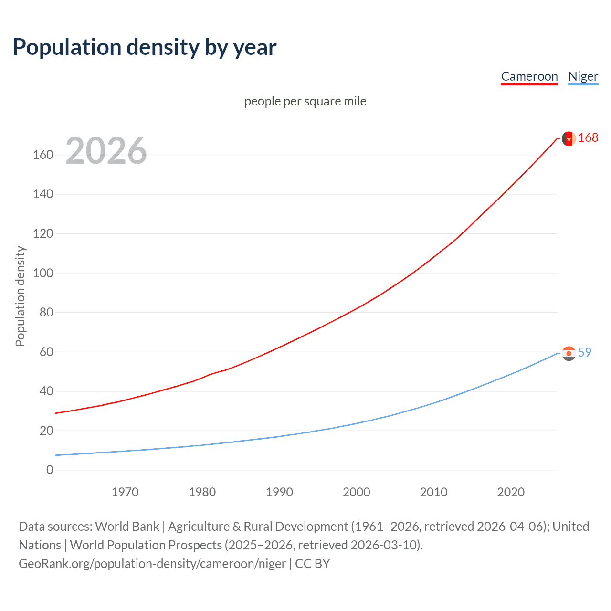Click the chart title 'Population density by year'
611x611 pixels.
pyautogui.click(x=145, y=47)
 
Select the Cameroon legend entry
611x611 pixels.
pyautogui.click(x=529, y=76)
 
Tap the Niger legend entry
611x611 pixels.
pyautogui.click(x=583, y=76)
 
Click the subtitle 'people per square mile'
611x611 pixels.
pyautogui.click(x=305, y=102)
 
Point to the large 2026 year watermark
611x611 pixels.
pyautogui.click(x=106, y=151)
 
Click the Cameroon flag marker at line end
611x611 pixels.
pyautogui.click(x=569, y=138)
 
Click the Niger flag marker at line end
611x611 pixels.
pyautogui.click(x=569, y=353)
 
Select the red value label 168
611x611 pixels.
pyautogui.click(x=588, y=138)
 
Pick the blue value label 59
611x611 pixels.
pyautogui.click(x=585, y=352)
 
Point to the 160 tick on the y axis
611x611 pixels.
pyautogui.click(x=43, y=155)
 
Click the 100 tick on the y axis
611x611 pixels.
pyautogui.click(x=43, y=274)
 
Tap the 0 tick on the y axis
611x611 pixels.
pyautogui.click(x=50, y=470)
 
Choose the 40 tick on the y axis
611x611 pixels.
pyautogui.click(x=46, y=391)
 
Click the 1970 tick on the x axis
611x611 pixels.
pyautogui.click(x=125, y=492)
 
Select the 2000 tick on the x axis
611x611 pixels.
pyautogui.click(x=357, y=492)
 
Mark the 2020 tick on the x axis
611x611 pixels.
pyautogui.click(x=511, y=492)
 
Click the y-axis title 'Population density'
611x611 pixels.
pyautogui.click(x=20, y=296)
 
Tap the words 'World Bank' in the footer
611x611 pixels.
pyautogui.click(x=127, y=527)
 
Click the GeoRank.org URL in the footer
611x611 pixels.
pyautogui.click(x=152, y=564)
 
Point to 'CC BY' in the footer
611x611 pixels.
pyautogui.click(x=313, y=564)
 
